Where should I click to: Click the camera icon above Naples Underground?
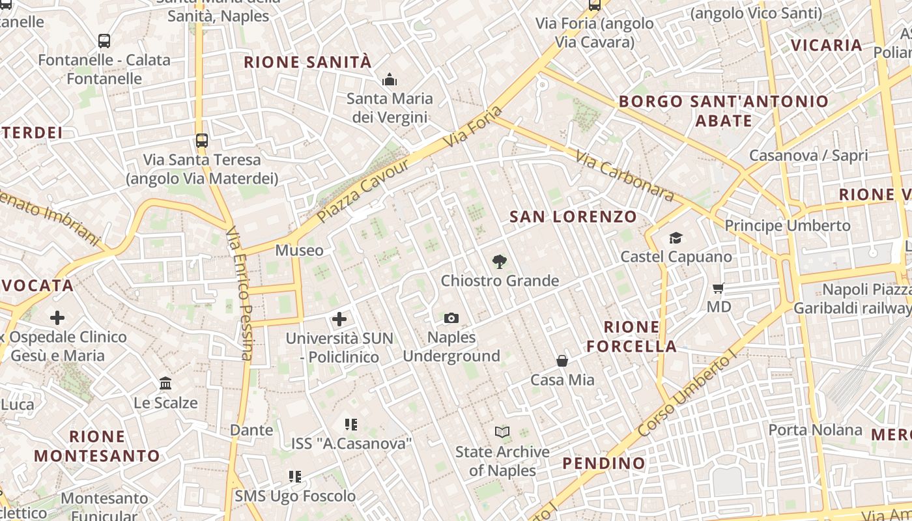tap(451, 318)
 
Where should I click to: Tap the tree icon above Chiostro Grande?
tap(500, 262)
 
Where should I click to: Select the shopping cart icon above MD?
tap(719, 288)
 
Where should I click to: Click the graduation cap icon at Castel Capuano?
tap(676, 238)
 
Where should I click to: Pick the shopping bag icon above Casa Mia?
tap(562, 361)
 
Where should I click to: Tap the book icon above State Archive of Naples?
tap(502, 432)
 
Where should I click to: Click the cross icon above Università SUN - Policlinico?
tap(339, 319)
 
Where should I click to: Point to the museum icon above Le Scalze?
tap(165, 384)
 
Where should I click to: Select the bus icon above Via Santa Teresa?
tap(202, 140)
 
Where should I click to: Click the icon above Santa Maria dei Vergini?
tap(390, 79)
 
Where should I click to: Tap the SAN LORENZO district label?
tap(573, 217)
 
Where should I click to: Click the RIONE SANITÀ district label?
tap(307, 63)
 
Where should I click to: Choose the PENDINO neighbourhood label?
tap(604, 464)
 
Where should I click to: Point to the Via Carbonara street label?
tap(625, 175)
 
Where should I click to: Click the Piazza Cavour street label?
tap(363, 190)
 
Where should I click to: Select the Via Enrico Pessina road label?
tap(239, 293)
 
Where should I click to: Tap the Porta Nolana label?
tap(815, 430)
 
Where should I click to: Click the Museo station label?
tap(299, 250)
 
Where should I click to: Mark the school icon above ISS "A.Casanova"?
tap(352, 425)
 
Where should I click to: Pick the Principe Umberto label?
tap(788, 225)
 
